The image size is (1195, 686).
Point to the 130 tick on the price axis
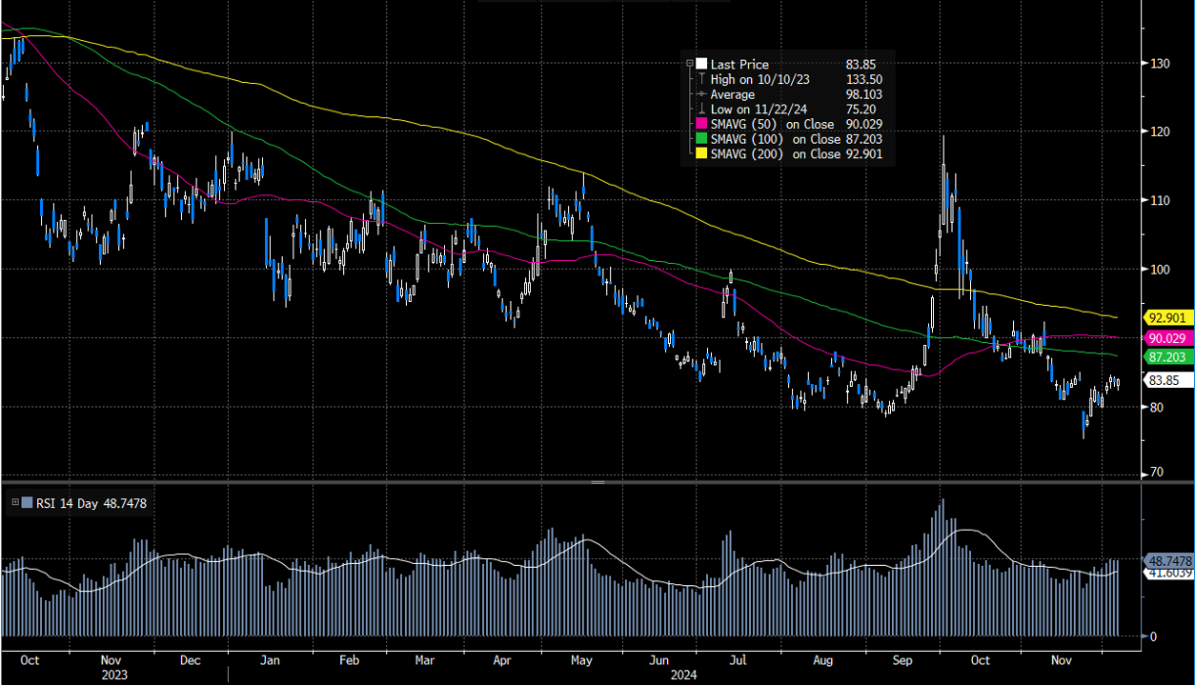pos(1159,63)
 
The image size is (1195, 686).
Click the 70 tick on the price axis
pos(1156,473)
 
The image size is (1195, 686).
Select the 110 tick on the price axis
pos(1159,200)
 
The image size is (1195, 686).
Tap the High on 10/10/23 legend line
pos(760,79)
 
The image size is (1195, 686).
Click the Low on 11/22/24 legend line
pos(759,110)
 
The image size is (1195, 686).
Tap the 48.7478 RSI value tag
pos(1166,562)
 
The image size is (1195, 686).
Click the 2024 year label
pos(682,675)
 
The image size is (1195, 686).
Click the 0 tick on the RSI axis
pos(1152,636)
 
